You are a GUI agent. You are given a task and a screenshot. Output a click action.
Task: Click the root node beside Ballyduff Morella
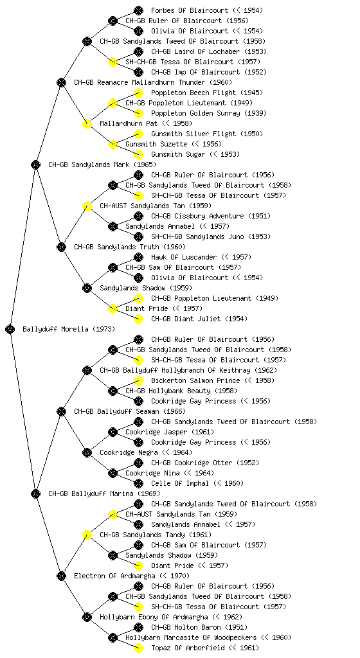[10, 329]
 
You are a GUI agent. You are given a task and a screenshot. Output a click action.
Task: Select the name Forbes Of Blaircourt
[190, 10]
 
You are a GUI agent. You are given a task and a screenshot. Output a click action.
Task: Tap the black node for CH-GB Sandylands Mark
[35, 164]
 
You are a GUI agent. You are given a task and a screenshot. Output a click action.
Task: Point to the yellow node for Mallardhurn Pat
[87, 123]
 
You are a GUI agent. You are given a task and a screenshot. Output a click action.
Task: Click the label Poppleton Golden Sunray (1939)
[208, 113]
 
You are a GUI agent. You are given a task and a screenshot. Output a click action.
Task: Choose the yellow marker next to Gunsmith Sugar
[138, 154]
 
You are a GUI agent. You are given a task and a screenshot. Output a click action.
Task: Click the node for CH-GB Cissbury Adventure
[138, 216]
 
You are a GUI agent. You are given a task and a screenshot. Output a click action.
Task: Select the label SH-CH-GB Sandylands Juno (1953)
[211, 236]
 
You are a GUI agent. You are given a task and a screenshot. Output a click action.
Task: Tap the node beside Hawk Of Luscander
[138, 257]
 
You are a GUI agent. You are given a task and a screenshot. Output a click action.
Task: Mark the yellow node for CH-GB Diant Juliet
[138, 319]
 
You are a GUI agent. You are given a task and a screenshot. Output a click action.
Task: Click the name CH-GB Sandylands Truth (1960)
[130, 247]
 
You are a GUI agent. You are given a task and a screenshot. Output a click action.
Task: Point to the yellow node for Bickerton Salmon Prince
[138, 380]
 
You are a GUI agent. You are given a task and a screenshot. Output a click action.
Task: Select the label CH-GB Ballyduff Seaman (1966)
[130, 411]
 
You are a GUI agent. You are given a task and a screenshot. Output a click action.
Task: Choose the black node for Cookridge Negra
[87, 452]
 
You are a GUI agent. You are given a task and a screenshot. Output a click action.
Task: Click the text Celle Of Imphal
[179, 483]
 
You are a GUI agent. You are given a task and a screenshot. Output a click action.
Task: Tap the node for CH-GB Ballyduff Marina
[35, 493]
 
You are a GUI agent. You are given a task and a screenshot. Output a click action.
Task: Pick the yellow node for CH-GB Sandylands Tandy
[87, 535]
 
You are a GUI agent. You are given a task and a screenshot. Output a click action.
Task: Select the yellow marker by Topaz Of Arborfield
[138, 648]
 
